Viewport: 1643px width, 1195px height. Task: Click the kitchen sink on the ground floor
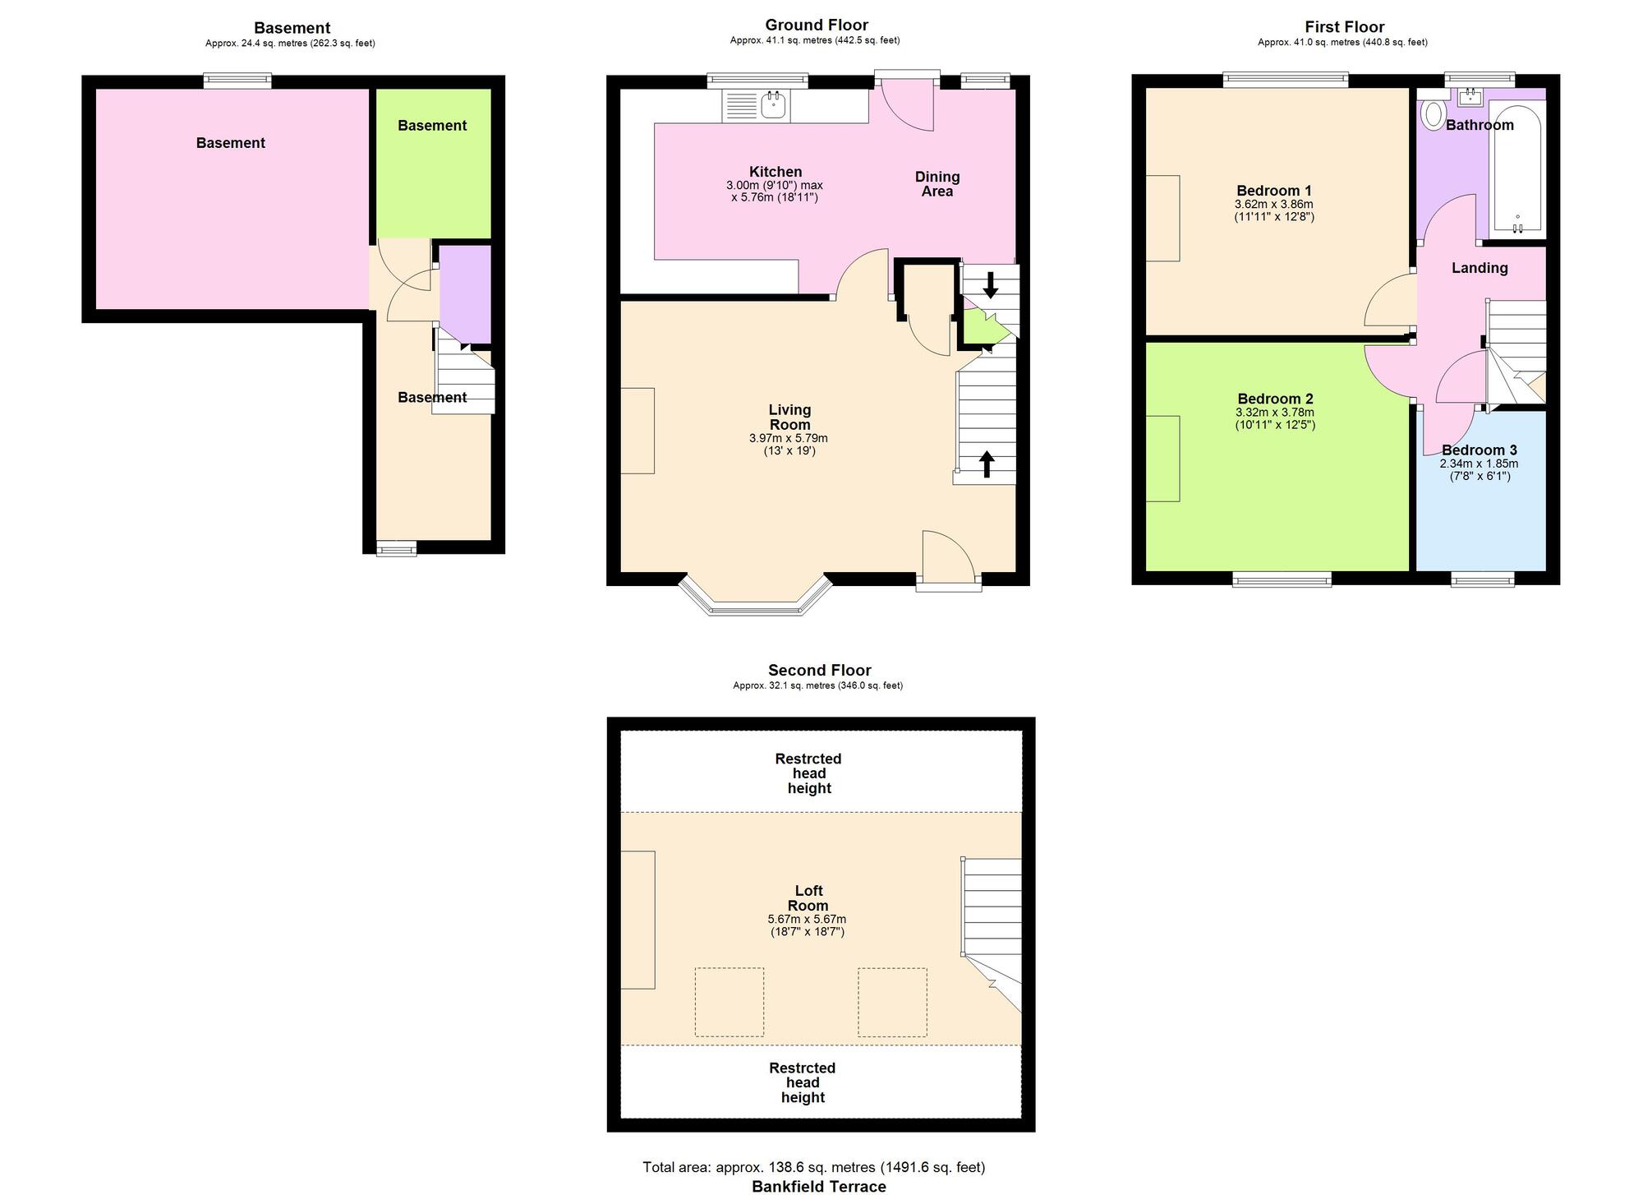click(773, 106)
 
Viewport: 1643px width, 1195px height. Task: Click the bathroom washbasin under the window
click(1470, 99)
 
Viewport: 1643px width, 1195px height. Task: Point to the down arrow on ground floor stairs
click(991, 284)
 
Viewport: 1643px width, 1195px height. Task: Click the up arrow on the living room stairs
click(987, 464)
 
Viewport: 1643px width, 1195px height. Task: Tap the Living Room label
click(789, 417)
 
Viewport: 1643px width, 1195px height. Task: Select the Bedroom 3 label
click(1479, 450)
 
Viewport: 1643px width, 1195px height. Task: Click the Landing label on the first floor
click(1479, 268)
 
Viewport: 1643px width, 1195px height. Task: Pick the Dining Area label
click(937, 184)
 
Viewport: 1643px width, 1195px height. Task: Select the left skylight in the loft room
click(729, 1001)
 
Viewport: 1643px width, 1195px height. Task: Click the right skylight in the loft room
click(892, 1001)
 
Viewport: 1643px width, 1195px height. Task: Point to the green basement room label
click(432, 126)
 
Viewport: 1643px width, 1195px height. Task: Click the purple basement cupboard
click(465, 293)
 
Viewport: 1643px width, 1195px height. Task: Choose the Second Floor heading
click(819, 671)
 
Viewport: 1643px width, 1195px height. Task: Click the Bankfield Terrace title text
click(819, 1186)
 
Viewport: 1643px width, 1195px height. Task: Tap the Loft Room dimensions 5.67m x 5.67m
click(807, 919)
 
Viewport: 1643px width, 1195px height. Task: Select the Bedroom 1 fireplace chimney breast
click(1162, 219)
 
